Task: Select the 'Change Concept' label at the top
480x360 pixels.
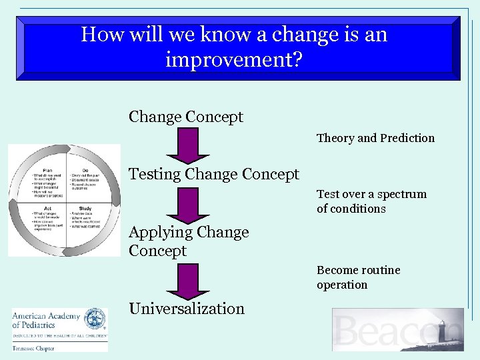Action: tap(186, 117)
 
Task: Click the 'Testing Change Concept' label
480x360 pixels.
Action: tap(214, 175)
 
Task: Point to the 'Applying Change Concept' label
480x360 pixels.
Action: tap(189, 241)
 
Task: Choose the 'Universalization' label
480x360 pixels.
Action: tap(187, 309)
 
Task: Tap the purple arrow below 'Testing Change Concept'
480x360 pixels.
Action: tap(188, 205)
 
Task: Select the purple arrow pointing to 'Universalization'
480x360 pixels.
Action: tap(188, 281)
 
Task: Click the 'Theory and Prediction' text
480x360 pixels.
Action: tap(375, 139)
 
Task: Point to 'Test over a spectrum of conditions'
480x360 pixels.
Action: tap(371, 201)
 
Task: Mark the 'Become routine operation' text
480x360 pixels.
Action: tap(359, 277)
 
